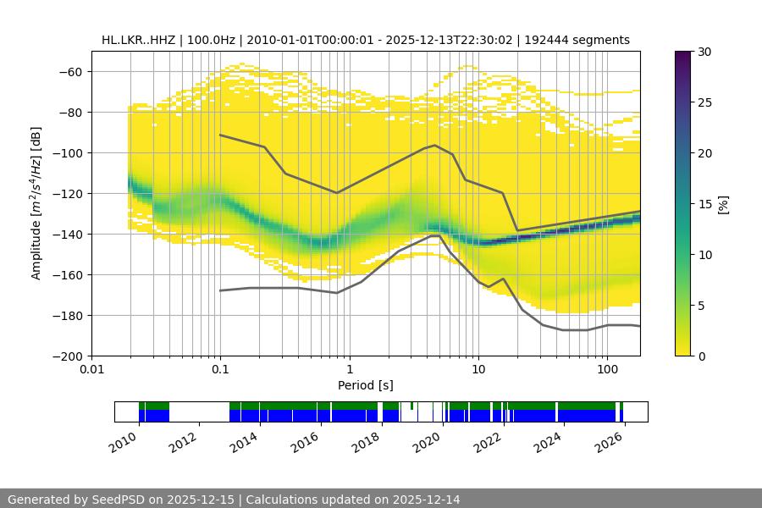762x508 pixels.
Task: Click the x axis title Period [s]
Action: (366, 386)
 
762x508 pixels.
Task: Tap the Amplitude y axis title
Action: (36, 203)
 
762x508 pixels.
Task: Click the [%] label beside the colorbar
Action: (723, 204)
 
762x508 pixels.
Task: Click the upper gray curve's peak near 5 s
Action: (435, 145)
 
